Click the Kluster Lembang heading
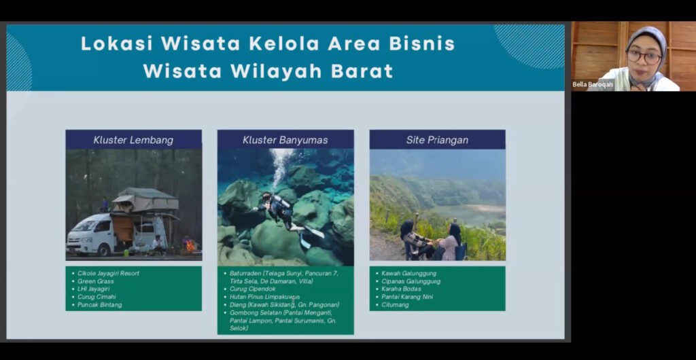coord(133,140)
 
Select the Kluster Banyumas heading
coord(285,140)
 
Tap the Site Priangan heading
coord(437,140)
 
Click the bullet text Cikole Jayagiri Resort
coord(108,273)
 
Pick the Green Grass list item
coord(95,281)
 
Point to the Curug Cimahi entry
coord(97,297)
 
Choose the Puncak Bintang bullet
coord(99,304)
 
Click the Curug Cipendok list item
coord(253,289)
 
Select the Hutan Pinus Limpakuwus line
coord(264,297)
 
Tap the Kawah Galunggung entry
coord(408,273)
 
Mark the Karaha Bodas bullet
coord(401,289)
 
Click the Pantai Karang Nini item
coord(407,297)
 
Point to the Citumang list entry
coord(395,304)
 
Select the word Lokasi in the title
coord(117,43)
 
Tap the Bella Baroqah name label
coord(592,84)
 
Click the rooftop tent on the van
coord(145,200)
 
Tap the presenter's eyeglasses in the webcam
coord(644,56)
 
